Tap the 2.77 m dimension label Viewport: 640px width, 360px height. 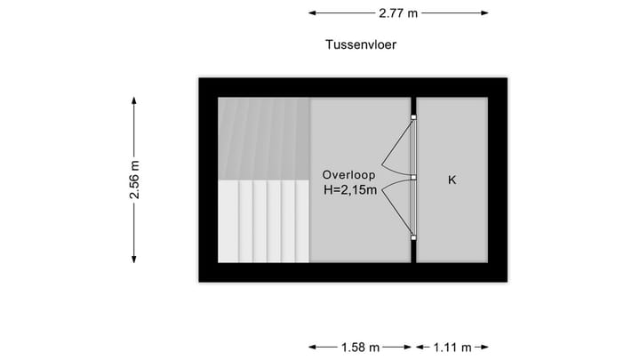(398, 13)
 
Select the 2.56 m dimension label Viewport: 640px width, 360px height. (134, 179)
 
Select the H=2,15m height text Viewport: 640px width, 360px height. (350, 189)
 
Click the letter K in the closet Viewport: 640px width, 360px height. (452, 180)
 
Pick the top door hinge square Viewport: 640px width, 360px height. (413, 117)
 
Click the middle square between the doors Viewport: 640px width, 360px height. (413, 177)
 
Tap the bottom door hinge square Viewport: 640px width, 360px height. (413, 237)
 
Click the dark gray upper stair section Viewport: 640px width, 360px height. (263, 138)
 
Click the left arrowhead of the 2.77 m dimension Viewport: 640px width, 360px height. (312, 13)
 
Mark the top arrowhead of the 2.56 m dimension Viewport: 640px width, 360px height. (134, 100)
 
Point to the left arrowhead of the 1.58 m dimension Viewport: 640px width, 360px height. (312, 347)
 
